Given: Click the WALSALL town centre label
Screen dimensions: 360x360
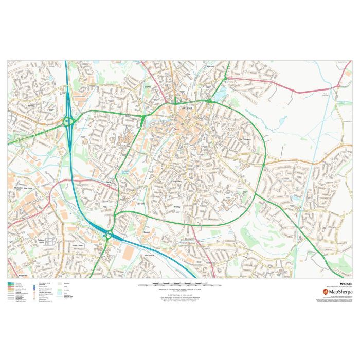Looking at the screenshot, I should click(187, 109).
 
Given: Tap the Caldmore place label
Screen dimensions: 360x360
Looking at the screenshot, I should click(178, 181).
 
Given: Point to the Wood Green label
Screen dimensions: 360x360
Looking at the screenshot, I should click(78, 246).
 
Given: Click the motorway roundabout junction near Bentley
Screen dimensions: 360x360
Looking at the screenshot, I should click(68, 122).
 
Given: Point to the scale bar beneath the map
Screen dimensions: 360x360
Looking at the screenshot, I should click(179, 284).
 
